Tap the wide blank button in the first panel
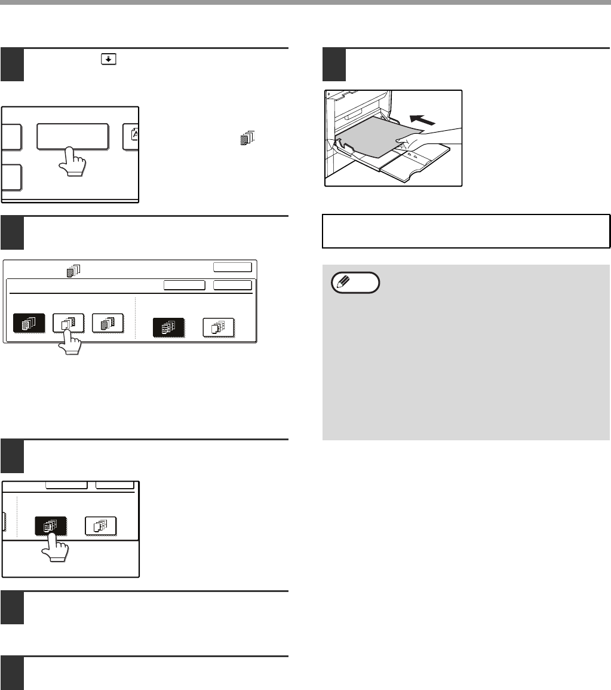72,137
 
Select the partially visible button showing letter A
130,136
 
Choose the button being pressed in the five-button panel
68,323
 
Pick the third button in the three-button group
108,323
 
